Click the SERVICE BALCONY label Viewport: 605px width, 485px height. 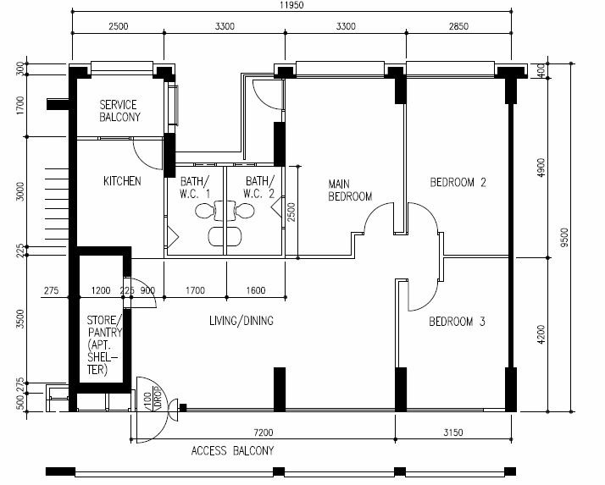pos(119,111)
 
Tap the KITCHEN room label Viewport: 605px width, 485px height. pos(122,181)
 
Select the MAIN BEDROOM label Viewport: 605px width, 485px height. pos(350,190)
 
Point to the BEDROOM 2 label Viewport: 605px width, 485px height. pos(458,182)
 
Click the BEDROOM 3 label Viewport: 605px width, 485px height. pos(457,322)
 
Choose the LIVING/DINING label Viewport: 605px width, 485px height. pos(241,321)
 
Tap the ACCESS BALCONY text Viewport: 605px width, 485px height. pos(232,450)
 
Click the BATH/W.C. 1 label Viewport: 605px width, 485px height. pos(195,187)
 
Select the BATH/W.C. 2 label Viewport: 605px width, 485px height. pos(259,187)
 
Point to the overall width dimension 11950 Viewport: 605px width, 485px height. pos(291,5)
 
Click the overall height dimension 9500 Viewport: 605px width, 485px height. pos(564,238)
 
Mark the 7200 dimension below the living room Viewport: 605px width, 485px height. pos(264,433)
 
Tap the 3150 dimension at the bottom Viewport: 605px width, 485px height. pos(453,433)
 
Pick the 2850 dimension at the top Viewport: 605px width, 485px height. pos(458,26)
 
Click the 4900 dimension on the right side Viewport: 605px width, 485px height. pos(541,168)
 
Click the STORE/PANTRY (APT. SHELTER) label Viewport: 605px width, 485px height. pos(103,344)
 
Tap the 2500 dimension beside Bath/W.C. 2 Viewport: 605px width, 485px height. pos(291,212)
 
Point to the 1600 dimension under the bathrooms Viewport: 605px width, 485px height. pos(256,290)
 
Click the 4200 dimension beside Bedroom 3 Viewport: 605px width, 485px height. pos(541,334)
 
